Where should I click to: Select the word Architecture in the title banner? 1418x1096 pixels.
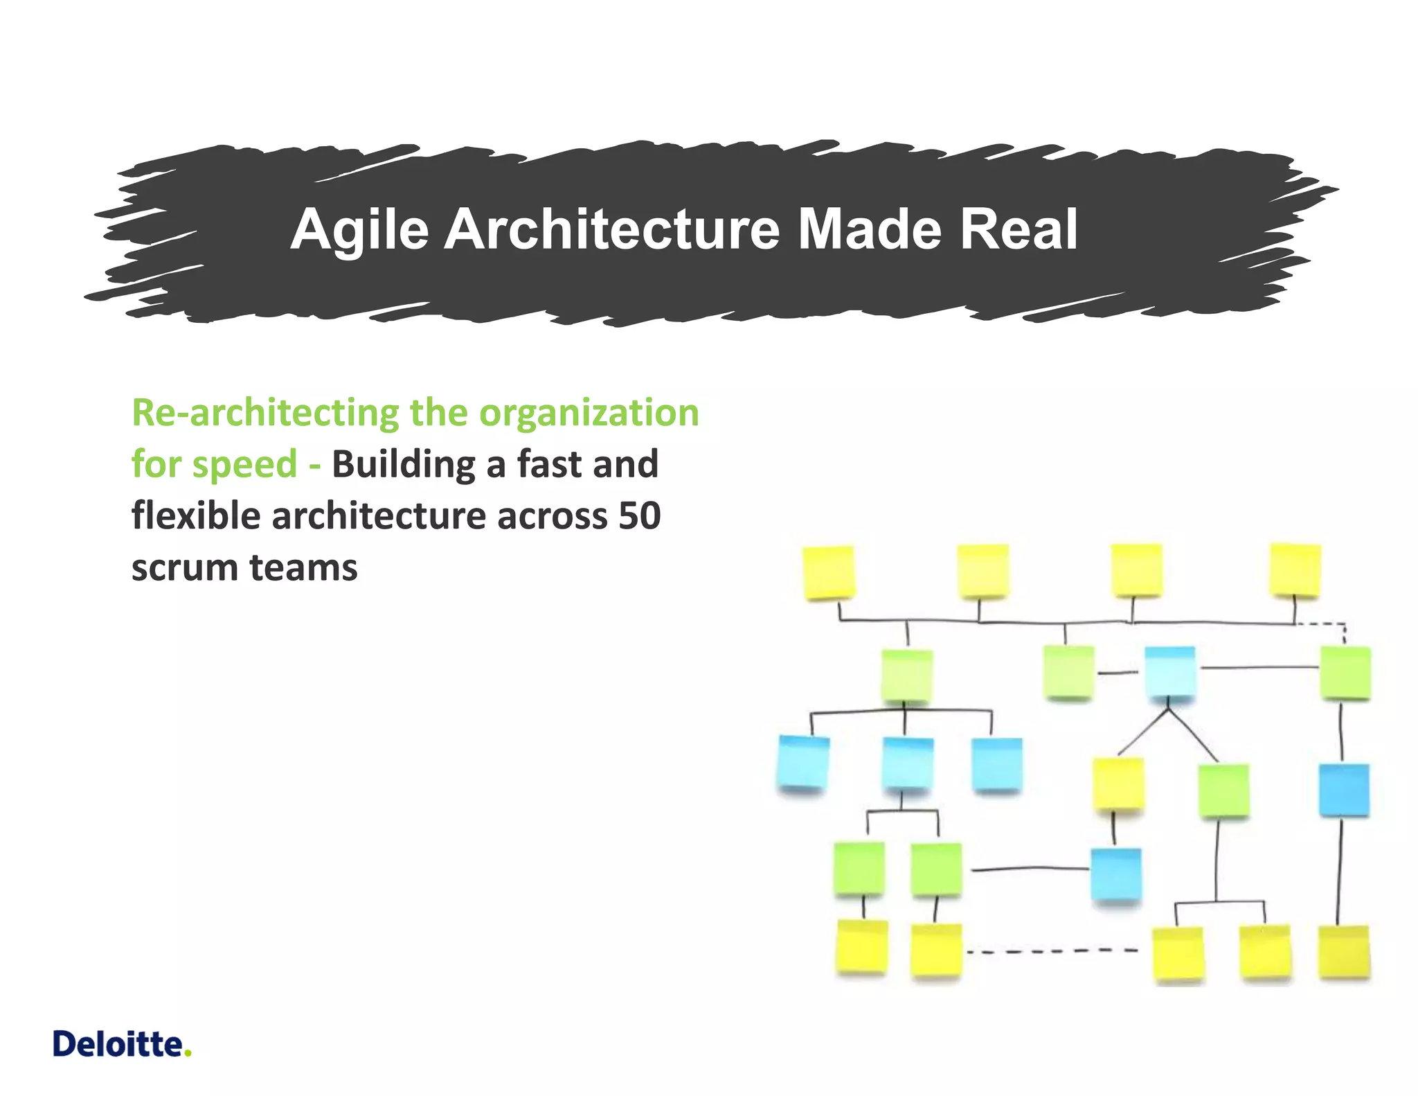pos(612,230)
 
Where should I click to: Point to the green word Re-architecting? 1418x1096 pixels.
pos(265,414)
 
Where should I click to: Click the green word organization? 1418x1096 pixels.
pos(589,414)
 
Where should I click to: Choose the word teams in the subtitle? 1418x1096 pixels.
pos(303,568)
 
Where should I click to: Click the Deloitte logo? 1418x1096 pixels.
pos(122,1044)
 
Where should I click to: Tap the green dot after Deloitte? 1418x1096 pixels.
pos(188,1054)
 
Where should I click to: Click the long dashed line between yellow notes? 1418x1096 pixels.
pos(1052,951)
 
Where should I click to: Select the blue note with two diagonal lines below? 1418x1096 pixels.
pos(1169,673)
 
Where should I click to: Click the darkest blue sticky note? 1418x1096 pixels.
pos(1343,790)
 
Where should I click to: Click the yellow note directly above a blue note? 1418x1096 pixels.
pos(1118,784)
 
